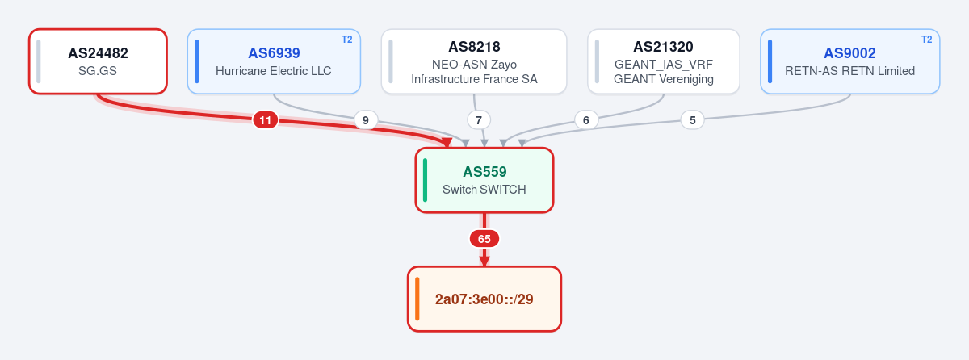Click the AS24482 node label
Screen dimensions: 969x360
point(98,53)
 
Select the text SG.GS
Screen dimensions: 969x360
point(98,71)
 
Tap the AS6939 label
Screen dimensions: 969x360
point(274,53)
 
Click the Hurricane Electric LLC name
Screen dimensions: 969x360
point(274,71)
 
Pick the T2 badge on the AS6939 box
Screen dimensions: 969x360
point(347,40)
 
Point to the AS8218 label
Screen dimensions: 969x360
point(474,47)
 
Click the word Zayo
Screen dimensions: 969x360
point(504,65)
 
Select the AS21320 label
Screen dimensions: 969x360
point(663,47)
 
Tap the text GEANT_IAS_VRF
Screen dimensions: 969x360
point(663,65)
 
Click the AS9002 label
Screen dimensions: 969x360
point(849,53)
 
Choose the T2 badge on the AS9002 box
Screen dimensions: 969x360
point(927,40)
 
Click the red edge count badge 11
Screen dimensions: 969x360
point(265,120)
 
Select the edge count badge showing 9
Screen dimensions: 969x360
point(366,120)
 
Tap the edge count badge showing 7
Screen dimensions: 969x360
point(478,120)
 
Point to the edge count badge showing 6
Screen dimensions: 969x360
point(586,120)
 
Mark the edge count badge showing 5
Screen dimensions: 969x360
point(693,120)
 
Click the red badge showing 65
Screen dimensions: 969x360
point(484,239)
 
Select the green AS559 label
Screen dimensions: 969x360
point(484,172)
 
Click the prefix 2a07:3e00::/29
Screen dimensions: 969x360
point(484,299)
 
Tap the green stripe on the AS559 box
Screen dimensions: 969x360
point(426,180)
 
